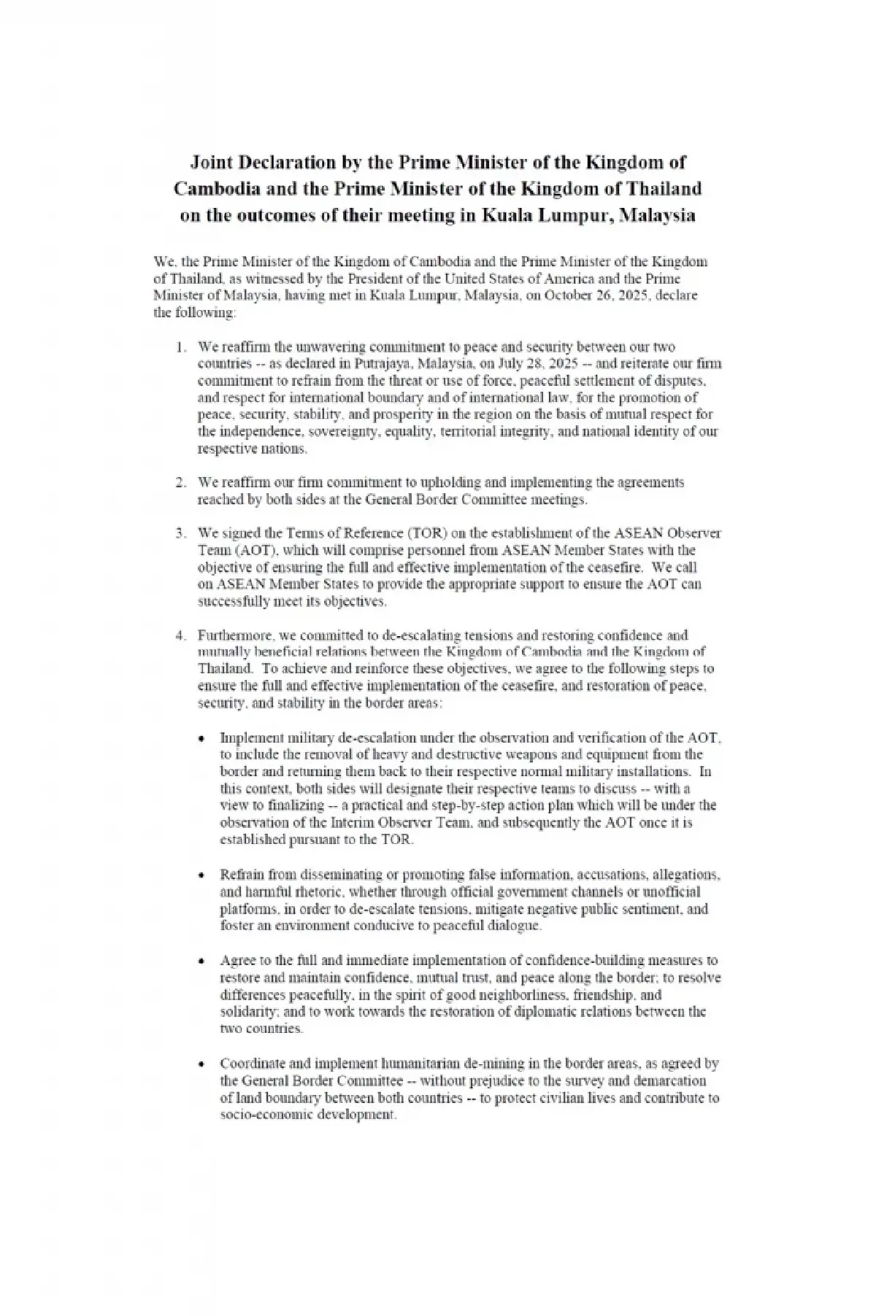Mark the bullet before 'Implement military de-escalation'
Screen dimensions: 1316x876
[x=204, y=738]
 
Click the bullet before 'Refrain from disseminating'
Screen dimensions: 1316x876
[x=204, y=874]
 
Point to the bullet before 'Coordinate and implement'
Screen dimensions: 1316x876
[x=204, y=1064]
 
